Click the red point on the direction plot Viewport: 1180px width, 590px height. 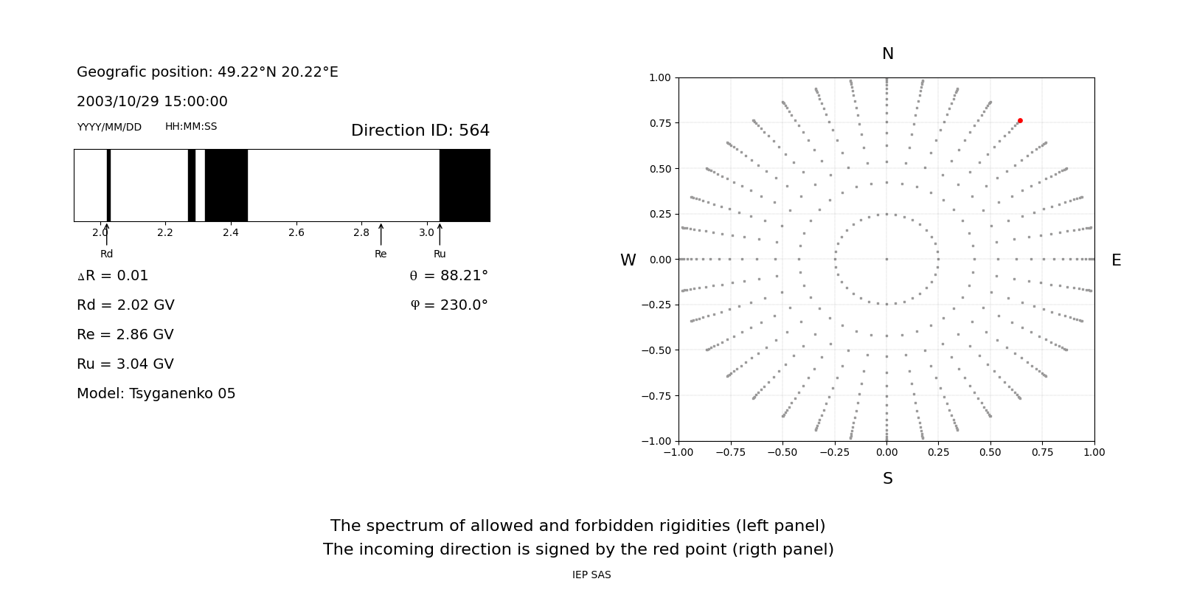click(x=1020, y=121)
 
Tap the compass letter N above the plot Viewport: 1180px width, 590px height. click(x=887, y=54)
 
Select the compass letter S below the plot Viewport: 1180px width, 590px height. click(x=887, y=479)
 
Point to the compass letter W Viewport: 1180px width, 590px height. click(x=628, y=260)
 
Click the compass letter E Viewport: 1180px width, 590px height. click(x=1116, y=260)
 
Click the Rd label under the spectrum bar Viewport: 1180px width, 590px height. click(x=107, y=254)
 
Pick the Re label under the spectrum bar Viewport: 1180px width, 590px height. click(x=381, y=254)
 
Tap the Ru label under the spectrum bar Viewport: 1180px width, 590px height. click(x=440, y=254)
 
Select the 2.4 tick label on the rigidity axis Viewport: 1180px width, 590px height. click(x=230, y=233)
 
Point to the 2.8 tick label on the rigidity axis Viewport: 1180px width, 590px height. click(x=361, y=233)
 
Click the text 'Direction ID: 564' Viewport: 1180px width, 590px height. click(x=420, y=131)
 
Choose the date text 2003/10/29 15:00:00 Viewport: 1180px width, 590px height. click(x=152, y=102)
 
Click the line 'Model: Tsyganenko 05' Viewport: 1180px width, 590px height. click(x=156, y=394)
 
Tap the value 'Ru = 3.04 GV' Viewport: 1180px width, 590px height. click(x=125, y=364)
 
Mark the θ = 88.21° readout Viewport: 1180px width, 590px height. click(x=448, y=276)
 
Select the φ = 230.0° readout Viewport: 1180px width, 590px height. click(x=448, y=305)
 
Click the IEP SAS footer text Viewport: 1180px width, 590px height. click(x=591, y=575)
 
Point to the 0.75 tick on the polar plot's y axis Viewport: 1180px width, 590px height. click(x=659, y=123)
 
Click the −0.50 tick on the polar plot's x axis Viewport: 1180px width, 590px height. click(x=782, y=452)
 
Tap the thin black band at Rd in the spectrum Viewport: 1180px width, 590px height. click(x=108, y=185)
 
